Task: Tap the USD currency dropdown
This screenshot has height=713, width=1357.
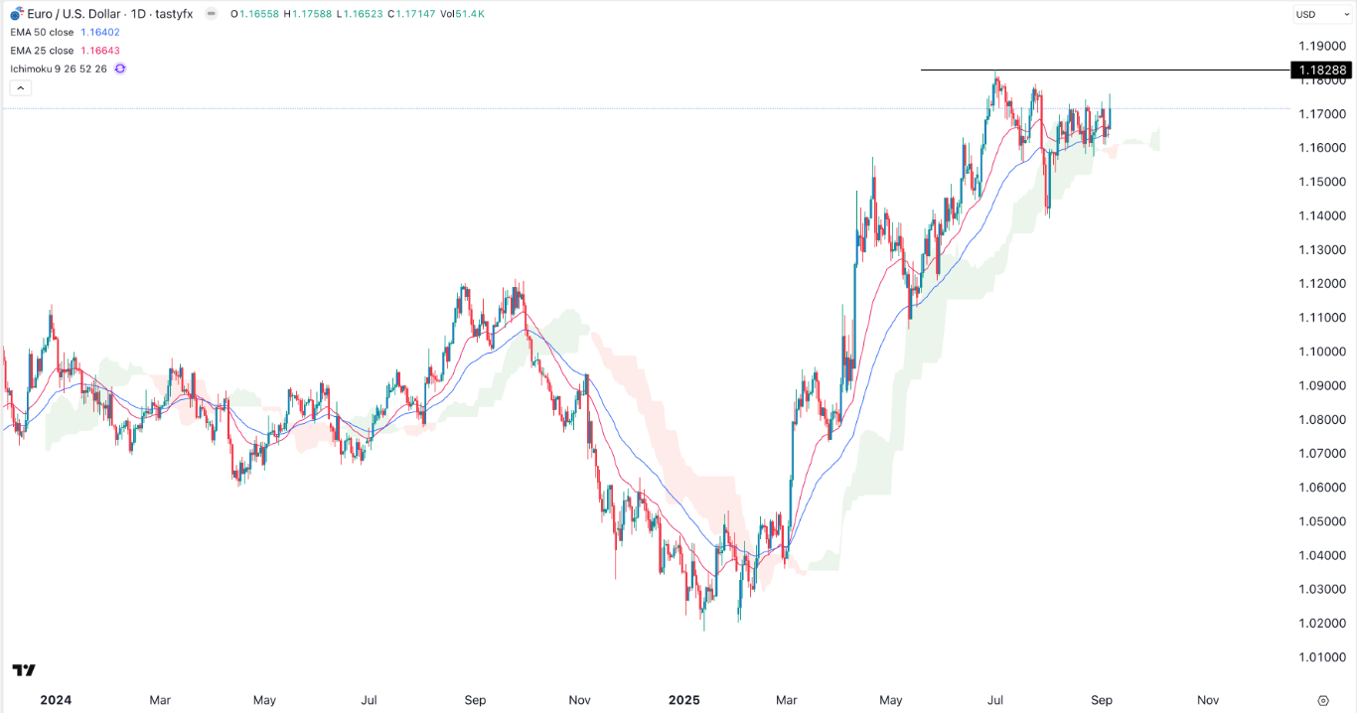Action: [1317, 14]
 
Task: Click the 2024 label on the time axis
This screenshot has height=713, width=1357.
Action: [56, 700]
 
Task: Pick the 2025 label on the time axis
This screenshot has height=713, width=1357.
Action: [684, 700]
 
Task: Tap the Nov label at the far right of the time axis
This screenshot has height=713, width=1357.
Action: [1207, 700]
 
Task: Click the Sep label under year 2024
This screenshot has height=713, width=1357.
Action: [475, 700]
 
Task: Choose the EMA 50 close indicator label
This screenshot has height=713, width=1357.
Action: [41, 33]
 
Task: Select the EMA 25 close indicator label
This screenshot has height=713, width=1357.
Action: [41, 51]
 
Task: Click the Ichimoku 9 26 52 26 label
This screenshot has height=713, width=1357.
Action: [60, 69]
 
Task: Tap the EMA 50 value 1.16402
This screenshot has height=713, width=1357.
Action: [101, 33]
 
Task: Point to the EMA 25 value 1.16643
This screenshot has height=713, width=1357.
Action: [101, 51]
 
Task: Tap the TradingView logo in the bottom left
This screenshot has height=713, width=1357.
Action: [24, 670]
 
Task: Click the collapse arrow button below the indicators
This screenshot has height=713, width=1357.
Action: [21, 88]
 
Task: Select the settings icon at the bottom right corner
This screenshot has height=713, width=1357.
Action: [1323, 700]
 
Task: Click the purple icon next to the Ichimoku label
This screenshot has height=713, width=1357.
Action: [120, 69]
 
